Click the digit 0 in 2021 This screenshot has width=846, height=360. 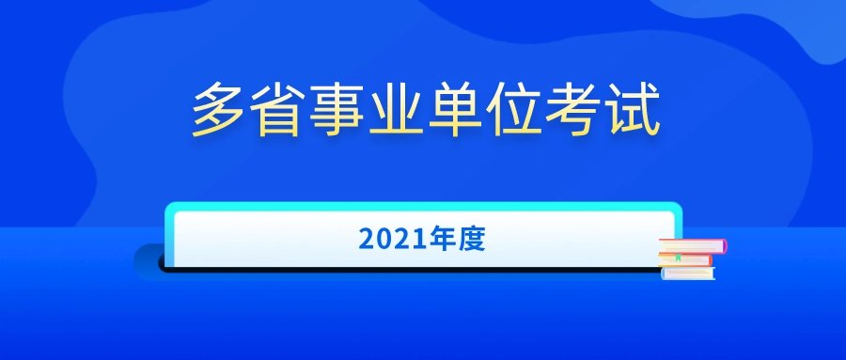[x=383, y=240]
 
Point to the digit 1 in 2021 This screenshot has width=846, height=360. [x=411, y=240]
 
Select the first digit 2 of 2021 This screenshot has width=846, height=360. [x=367, y=240]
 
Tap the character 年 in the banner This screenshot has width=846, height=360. [x=438, y=240]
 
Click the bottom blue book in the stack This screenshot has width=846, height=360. [x=689, y=274]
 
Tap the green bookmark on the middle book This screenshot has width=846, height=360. [x=677, y=258]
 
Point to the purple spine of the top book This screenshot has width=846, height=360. [x=724, y=246]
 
